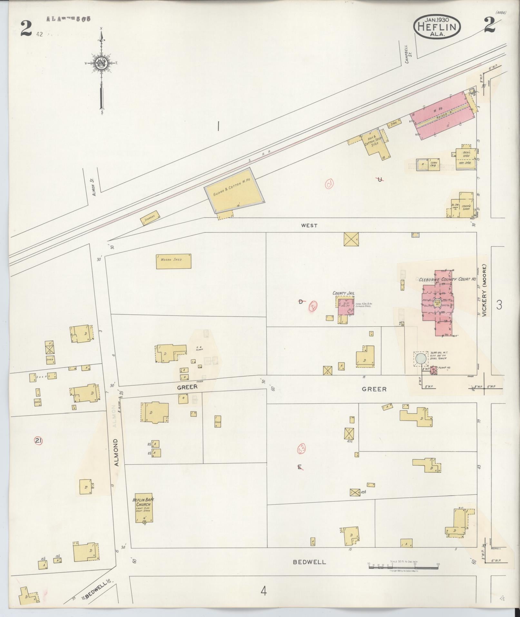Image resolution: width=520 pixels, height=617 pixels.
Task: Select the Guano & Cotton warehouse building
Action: pyautogui.click(x=235, y=191)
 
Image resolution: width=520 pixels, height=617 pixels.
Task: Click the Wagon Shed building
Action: pyautogui.click(x=173, y=261)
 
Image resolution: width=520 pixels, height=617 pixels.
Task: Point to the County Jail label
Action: pyautogui.click(x=344, y=293)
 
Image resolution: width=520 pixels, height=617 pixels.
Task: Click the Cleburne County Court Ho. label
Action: pyautogui.click(x=447, y=280)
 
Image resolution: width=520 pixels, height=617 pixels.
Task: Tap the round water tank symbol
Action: pyautogui.click(x=420, y=359)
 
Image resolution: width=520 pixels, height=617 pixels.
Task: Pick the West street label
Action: pyautogui.click(x=309, y=225)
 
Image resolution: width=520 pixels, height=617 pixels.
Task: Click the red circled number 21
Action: pyautogui.click(x=38, y=441)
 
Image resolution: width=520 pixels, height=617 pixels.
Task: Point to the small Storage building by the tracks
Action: pyautogui.click(x=150, y=219)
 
